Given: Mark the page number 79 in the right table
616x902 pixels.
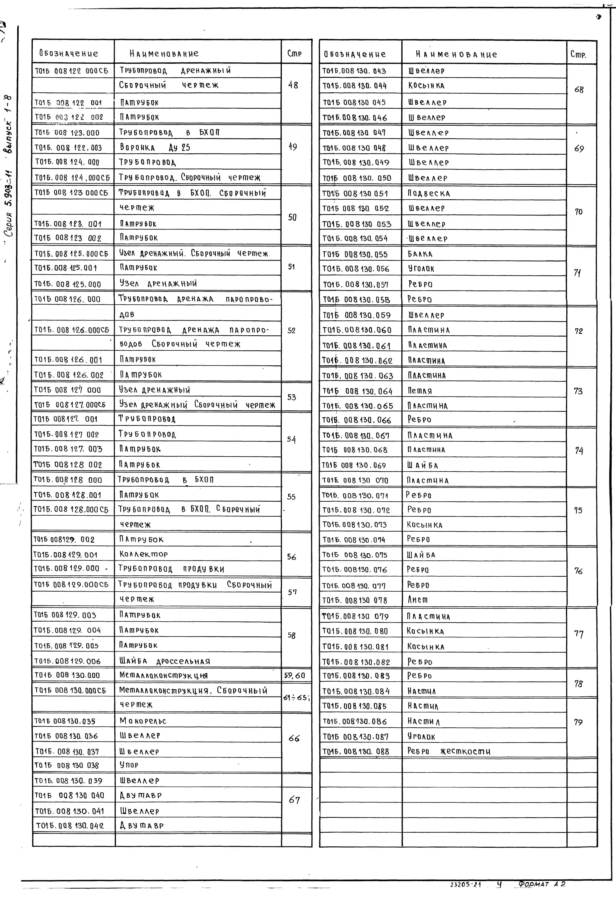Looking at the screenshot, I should click(x=578, y=722).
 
